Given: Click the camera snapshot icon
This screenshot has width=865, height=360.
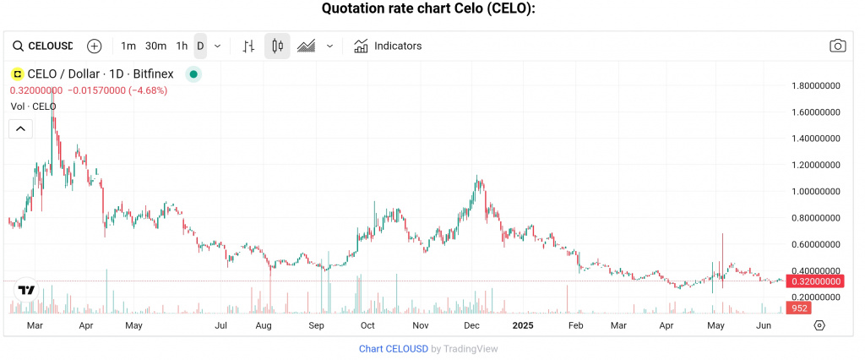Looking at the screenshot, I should point(837,46).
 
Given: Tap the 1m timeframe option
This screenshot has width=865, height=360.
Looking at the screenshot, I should point(128,46).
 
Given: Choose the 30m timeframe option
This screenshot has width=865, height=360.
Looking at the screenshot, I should point(155,46).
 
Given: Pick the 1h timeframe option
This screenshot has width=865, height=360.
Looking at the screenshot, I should point(182,46).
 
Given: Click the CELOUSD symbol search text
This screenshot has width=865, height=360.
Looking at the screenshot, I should point(51,46).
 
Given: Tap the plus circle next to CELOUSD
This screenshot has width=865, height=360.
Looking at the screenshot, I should point(95,46).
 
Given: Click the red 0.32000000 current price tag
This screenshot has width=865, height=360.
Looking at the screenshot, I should point(814,281).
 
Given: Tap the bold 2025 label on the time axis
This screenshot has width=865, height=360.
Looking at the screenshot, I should point(523,325).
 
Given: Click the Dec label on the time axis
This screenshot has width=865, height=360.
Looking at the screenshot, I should point(472,325).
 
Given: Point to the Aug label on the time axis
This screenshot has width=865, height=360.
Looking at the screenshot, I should point(264,325).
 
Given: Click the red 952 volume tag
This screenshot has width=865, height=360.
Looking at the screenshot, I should point(799,308).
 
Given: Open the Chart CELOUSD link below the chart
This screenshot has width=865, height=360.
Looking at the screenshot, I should point(393,348).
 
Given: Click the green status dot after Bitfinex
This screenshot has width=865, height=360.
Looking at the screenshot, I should point(193,74).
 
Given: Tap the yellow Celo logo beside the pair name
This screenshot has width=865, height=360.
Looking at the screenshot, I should point(17,74).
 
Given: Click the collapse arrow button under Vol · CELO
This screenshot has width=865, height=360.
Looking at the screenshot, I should point(20,128).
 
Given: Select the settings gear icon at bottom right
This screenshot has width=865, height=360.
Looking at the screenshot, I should point(819,325).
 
